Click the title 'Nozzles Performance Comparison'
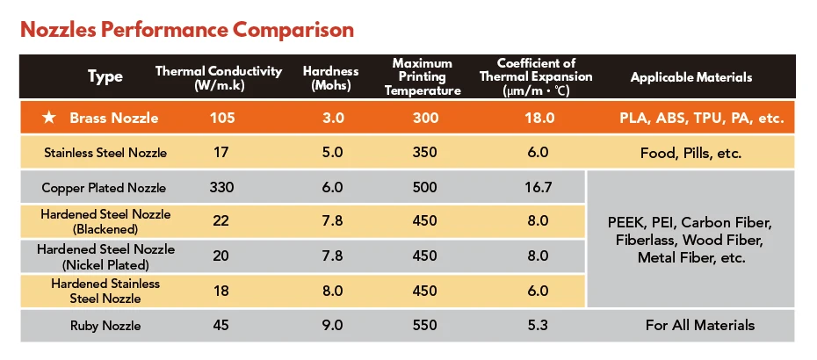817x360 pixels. pyautogui.click(x=186, y=30)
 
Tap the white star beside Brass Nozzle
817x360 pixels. pyautogui.click(x=50, y=118)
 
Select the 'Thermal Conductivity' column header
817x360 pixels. pyautogui.click(x=219, y=77)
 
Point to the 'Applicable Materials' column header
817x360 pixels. pyautogui.click(x=690, y=77)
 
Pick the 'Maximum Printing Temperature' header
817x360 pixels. pyautogui.click(x=422, y=77)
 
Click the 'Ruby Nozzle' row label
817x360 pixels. pyautogui.click(x=105, y=326)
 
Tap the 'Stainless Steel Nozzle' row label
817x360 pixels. pyautogui.click(x=105, y=153)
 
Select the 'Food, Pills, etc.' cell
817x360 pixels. pyautogui.click(x=690, y=153)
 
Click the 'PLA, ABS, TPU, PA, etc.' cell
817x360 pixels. pyautogui.click(x=699, y=118)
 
